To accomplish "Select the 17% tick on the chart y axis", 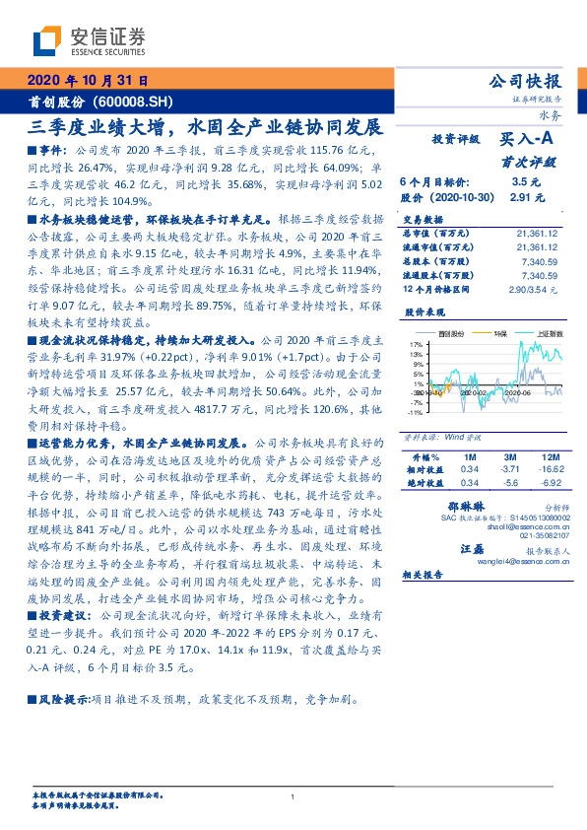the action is coord(418,344).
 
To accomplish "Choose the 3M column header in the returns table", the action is coord(508,458).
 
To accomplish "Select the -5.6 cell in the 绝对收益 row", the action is coord(508,484).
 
